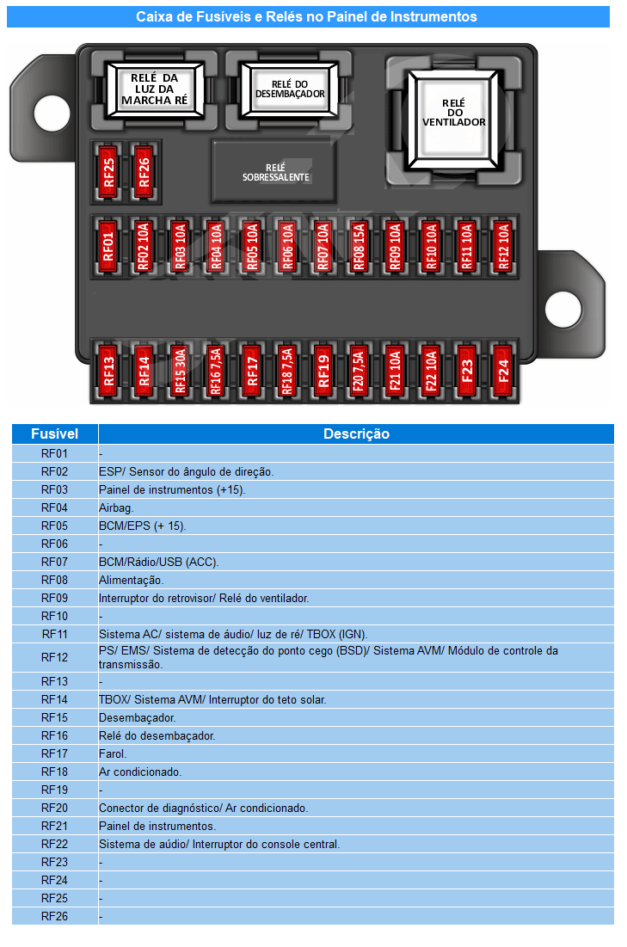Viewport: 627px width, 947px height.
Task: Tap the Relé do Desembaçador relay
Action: [x=289, y=90]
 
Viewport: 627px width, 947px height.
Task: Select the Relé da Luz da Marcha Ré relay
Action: [x=155, y=89]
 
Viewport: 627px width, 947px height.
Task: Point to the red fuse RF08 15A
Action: [x=359, y=246]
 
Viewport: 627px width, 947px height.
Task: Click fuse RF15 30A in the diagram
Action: [x=180, y=370]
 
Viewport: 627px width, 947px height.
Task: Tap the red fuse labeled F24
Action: [x=502, y=370]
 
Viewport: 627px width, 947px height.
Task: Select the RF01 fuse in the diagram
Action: [x=108, y=246]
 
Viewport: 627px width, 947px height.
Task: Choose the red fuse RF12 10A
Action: [x=502, y=246]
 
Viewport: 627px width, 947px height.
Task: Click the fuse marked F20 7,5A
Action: [x=359, y=370]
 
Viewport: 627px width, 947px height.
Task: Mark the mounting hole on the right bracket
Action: [x=563, y=310]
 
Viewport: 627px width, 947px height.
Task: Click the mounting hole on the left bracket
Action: [x=52, y=113]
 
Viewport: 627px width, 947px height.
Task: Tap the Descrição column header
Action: [x=356, y=434]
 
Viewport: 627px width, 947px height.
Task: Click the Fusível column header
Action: [x=54, y=434]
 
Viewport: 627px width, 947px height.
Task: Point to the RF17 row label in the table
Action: [x=54, y=753]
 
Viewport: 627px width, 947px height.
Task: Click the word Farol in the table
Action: [x=113, y=753]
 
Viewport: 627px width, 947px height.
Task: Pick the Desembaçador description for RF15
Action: [x=137, y=717]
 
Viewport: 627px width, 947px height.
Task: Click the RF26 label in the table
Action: [x=54, y=916]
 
